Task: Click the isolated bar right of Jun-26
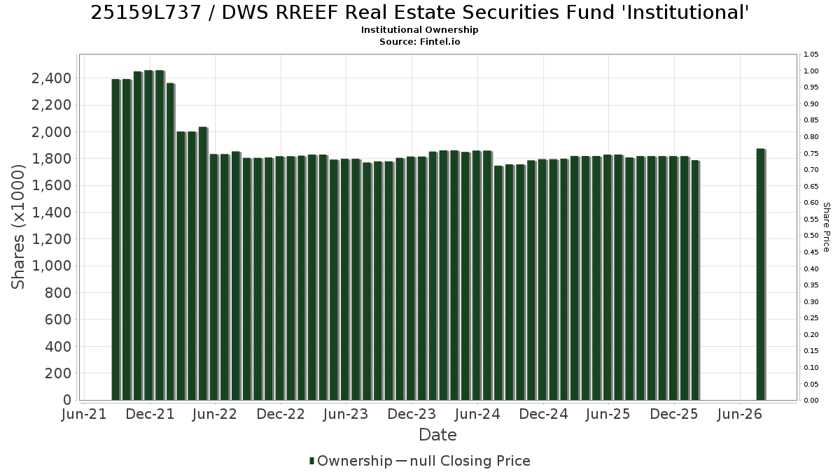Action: [x=761, y=274]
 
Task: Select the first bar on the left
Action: [x=116, y=240]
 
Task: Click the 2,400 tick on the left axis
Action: [x=51, y=78]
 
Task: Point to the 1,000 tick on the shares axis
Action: [x=51, y=266]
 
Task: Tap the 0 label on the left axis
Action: [x=67, y=400]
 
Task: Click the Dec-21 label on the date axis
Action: [x=150, y=414]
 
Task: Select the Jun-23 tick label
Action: [x=346, y=414]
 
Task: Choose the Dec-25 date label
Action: [x=674, y=414]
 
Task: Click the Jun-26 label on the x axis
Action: [x=739, y=414]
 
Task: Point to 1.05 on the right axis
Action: [x=811, y=55]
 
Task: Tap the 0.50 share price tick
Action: [x=811, y=236]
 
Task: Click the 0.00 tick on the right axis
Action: [x=811, y=401]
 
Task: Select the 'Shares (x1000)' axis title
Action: [x=17, y=227]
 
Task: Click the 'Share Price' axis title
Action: [x=826, y=227]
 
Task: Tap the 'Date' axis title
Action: [x=437, y=435]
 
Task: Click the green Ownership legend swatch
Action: [x=311, y=461]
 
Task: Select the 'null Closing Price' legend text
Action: [x=470, y=461]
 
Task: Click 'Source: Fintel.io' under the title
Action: [x=419, y=41]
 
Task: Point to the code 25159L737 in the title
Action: [x=146, y=13]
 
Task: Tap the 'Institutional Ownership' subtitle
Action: [x=419, y=30]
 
